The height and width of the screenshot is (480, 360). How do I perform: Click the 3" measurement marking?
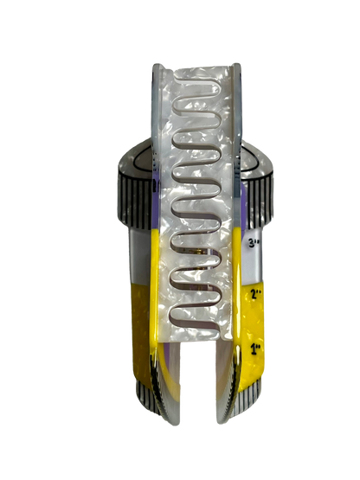point(254,243)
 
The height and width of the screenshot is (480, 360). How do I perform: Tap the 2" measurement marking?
point(256,294)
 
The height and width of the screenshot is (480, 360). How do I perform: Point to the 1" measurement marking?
point(256,349)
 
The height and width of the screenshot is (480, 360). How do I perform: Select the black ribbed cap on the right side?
point(260,202)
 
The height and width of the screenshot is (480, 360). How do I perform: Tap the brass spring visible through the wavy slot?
point(196,253)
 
